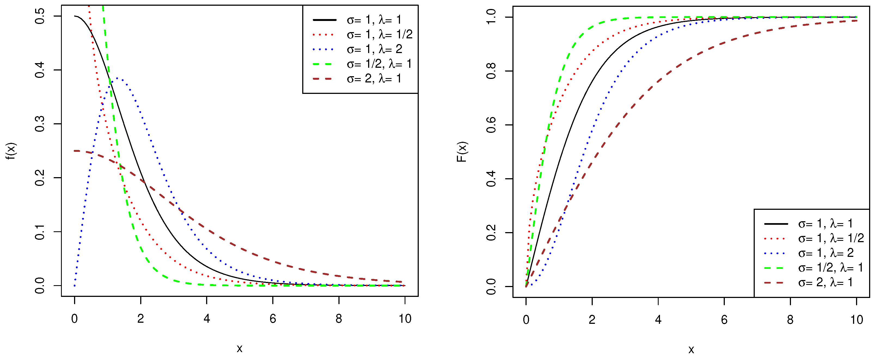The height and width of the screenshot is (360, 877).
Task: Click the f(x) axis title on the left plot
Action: (x=11, y=151)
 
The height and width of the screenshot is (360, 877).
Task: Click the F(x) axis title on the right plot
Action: (x=462, y=152)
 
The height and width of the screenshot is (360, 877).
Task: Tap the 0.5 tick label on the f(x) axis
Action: (x=40, y=16)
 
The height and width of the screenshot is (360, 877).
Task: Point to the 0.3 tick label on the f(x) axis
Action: (x=40, y=124)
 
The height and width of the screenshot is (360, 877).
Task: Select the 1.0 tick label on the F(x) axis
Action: (x=491, y=17)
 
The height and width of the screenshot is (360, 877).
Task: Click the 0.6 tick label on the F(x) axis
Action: (x=491, y=125)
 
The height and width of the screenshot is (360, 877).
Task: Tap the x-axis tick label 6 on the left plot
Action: (x=273, y=319)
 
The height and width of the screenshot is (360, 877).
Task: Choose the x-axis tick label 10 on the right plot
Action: (x=857, y=320)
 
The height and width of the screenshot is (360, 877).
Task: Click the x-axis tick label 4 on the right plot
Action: (x=658, y=320)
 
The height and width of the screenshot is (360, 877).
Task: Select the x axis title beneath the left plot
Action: (x=240, y=348)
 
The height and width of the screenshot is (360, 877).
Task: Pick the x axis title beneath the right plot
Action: (x=691, y=349)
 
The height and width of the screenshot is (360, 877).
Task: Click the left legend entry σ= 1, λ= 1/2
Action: (x=380, y=34)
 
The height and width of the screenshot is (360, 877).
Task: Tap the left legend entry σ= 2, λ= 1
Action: (x=374, y=79)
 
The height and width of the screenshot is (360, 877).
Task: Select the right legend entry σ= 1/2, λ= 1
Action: (x=831, y=268)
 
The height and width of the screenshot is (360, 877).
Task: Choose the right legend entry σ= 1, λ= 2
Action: (x=826, y=253)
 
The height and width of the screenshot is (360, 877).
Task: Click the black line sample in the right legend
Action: (x=776, y=224)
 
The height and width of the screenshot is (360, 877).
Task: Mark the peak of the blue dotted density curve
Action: (x=117, y=78)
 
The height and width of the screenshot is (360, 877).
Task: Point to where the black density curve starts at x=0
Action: (x=75, y=16)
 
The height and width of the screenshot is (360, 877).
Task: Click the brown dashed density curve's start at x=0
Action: (x=75, y=151)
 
